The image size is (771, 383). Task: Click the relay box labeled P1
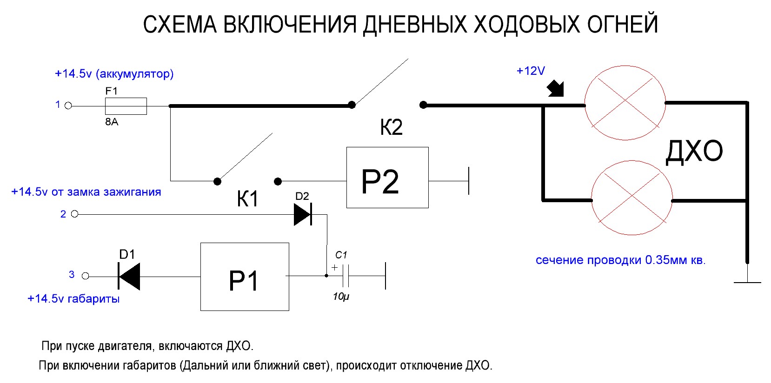coord(245,277)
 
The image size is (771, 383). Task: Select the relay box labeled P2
coord(387,178)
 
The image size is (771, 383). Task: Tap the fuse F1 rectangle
coord(126,106)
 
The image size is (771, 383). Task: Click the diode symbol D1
coord(129,276)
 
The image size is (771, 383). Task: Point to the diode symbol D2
coord(303,214)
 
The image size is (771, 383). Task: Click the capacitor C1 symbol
coord(346,276)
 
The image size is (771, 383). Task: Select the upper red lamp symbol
coord(625,103)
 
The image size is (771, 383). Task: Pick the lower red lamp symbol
coord(631,198)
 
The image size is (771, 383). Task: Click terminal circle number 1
coord(68,106)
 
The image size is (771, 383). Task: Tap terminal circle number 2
coord(75,214)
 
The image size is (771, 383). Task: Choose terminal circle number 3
coord(85,276)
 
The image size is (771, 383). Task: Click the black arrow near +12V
coord(556,88)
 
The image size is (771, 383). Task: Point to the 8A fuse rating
coord(112,122)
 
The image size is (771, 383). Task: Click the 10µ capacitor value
coord(341,297)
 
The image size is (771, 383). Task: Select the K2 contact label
coord(391,127)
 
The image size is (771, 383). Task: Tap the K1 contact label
coord(247,199)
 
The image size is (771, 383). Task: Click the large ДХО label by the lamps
coord(694,152)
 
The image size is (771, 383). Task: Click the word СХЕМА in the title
coord(179,25)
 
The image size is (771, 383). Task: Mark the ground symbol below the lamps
coord(747,279)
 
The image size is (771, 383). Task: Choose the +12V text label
coord(531,71)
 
